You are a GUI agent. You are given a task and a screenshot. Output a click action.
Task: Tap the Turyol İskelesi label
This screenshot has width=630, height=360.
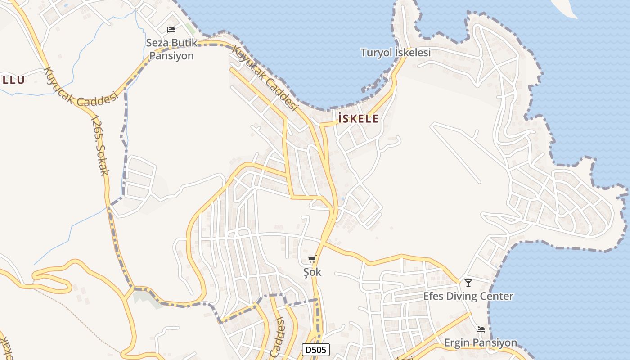coord(396,53)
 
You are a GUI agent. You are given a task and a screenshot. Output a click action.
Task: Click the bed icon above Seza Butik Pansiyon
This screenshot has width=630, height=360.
coord(171,30)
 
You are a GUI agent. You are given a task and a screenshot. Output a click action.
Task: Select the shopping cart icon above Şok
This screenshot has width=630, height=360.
coord(312,259)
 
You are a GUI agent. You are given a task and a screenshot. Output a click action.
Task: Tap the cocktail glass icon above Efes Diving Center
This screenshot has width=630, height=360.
coord(468,283)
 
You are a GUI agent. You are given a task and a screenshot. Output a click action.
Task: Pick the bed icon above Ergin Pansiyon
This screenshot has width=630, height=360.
coord(481,329)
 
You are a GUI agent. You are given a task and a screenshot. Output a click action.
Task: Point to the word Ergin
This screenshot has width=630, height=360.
coord(457,343)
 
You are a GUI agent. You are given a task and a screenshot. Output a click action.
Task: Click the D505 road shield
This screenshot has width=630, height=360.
coord(315,350)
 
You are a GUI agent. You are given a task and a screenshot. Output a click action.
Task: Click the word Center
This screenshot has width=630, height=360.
coord(497,297)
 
